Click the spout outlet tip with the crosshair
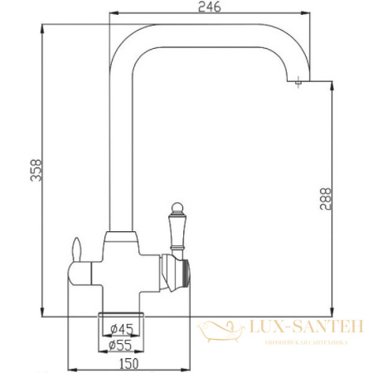(297, 81)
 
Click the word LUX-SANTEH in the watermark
(298, 327)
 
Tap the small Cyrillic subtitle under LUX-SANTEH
(298, 342)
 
